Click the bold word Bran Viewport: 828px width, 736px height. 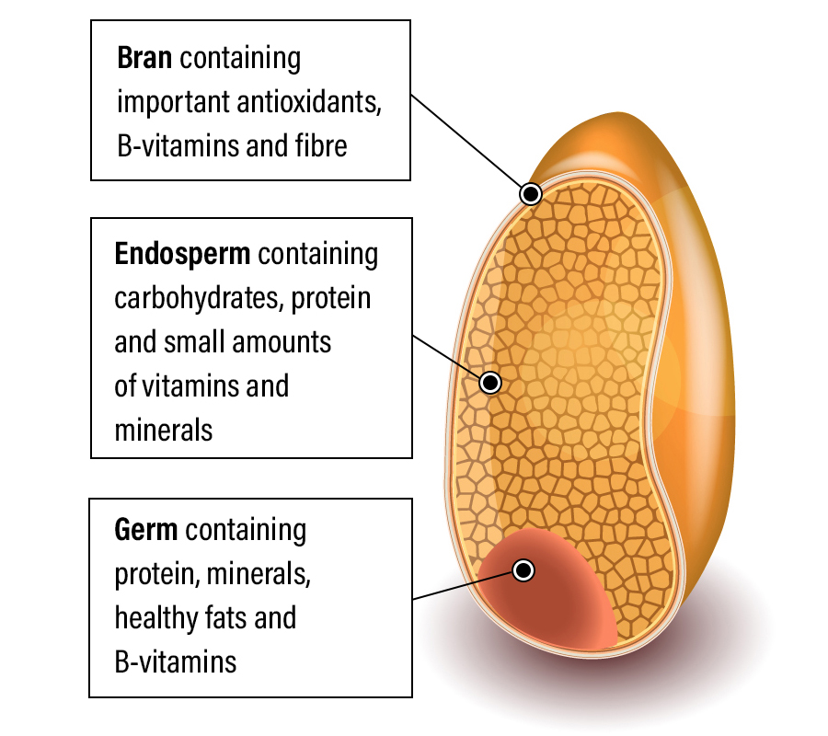tap(144, 59)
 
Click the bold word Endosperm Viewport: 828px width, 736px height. tap(181, 254)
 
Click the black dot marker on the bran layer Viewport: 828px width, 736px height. tap(531, 193)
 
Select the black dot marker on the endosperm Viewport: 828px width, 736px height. tap(490, 382)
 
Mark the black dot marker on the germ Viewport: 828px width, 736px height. tap(523, 570)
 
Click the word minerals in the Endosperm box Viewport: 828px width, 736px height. tap(163, 430)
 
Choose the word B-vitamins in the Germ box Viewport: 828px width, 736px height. tap(175, 661)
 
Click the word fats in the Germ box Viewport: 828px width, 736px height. tap(228, 618)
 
